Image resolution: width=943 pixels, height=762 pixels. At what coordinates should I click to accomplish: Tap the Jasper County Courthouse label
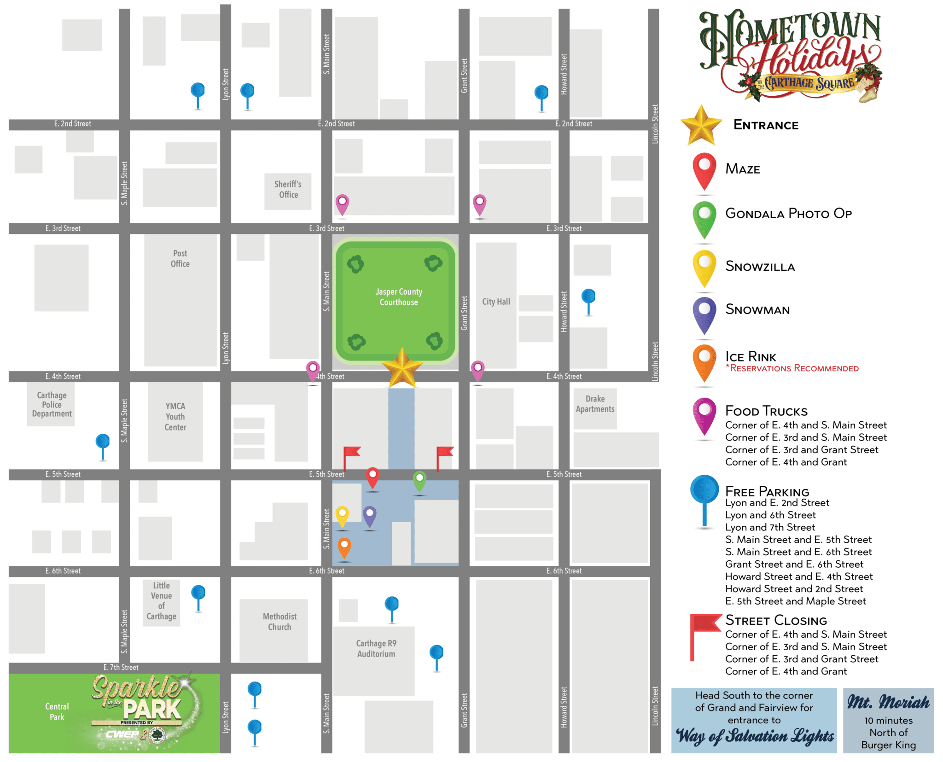tap(399, 297)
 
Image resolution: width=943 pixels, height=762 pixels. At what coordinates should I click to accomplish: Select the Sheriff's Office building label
tap(288, 189)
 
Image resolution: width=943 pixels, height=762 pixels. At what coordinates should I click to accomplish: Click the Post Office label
tap(180, 259)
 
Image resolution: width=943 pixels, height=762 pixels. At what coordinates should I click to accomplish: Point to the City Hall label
tap(496, 302)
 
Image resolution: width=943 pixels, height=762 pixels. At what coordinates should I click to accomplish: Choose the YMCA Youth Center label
tap(175, 417)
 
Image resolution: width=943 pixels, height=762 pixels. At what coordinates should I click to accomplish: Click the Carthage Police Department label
tap(52, 405)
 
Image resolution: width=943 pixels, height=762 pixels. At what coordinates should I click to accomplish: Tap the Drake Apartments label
tap(595, 404)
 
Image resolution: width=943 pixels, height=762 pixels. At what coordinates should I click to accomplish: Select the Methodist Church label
tap(279, 622)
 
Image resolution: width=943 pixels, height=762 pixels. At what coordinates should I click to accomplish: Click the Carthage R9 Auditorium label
tap(376, 648)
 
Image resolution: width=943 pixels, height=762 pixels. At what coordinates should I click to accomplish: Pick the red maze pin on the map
tap(373, 477)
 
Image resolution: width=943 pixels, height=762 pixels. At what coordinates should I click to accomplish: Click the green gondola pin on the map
tap(419, 480)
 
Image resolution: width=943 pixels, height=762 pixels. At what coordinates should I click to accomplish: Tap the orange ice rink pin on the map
tap(344, 547)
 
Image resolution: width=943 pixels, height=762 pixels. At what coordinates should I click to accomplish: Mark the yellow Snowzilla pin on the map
tap(342, 515)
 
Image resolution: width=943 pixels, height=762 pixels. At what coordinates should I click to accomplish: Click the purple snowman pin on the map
tap(370, 515)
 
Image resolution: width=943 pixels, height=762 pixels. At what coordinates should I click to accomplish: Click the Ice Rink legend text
tap(751, 357)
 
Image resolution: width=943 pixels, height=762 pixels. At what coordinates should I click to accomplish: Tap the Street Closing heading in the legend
tap(776, 620)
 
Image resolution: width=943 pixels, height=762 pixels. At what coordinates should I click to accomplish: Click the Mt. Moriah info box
tap(888, 721)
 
